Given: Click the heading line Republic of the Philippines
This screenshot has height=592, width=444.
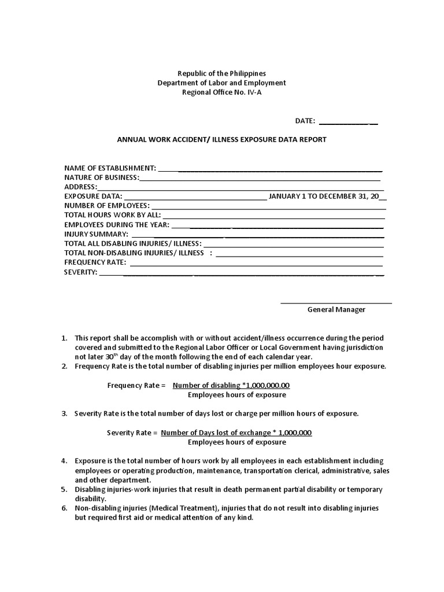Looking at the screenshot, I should click(222, 73).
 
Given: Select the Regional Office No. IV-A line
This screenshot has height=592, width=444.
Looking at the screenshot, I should click(222, 92).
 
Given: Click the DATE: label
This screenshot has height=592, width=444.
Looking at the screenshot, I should click(305, 121).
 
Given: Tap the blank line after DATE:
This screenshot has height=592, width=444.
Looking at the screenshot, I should click(348, 122).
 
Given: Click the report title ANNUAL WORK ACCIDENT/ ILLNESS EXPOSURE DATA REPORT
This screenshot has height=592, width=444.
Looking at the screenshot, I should click(222, 139).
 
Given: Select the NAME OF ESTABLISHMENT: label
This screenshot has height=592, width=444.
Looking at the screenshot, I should click(110, 168).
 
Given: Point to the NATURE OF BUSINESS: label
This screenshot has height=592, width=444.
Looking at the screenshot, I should click(102, 177).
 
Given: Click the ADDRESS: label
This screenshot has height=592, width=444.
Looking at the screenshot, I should click(80, 187).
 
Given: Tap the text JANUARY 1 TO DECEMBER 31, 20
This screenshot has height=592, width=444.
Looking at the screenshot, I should click(324, 196).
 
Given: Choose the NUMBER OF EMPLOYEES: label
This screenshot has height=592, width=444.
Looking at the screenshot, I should click(107, 205).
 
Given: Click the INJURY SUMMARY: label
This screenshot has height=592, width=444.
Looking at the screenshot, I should click(96, 234).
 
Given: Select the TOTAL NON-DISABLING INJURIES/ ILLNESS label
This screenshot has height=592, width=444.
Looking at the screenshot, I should click(134, 253).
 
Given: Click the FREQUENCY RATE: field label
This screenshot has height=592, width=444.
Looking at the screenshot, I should click(95, 262).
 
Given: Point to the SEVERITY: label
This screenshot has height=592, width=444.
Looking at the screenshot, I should click(81, 272).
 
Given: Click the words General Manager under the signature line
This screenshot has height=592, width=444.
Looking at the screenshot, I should click(336, 309).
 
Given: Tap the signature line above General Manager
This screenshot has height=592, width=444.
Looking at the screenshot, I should click(336, 302).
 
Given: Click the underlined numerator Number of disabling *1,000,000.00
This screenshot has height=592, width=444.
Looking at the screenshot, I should click(231, 386).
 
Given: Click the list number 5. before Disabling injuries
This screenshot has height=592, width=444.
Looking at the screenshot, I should click(65, 489).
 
